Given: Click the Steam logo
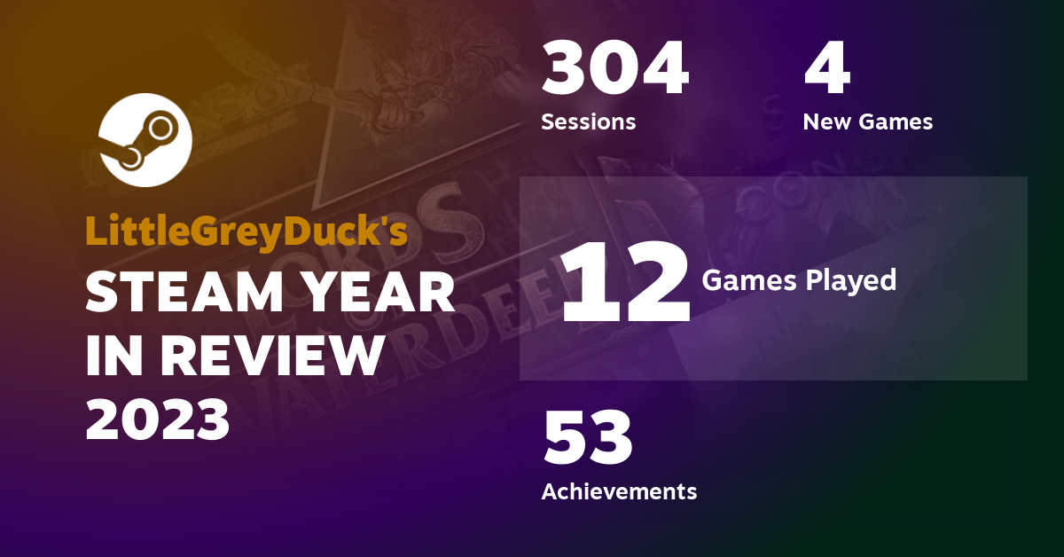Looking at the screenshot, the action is click(x=145, y=140).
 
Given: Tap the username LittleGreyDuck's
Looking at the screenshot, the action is click(x=246, y=231).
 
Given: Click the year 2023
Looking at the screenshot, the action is click(x=158, y=420).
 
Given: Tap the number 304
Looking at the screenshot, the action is click(x=615, y=67).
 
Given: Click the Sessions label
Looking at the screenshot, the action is click(x=589, y=122).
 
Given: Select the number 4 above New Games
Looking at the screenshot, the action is click(x=827, y=67).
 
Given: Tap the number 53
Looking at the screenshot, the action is click(x=588, y=437).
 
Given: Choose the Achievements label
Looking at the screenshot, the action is click(x=620, y=491).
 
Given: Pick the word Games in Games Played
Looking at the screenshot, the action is click(x=749, y=280).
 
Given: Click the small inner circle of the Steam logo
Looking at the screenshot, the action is click(x=160, y=129).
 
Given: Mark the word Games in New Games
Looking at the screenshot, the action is click(x=896, y=122).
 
